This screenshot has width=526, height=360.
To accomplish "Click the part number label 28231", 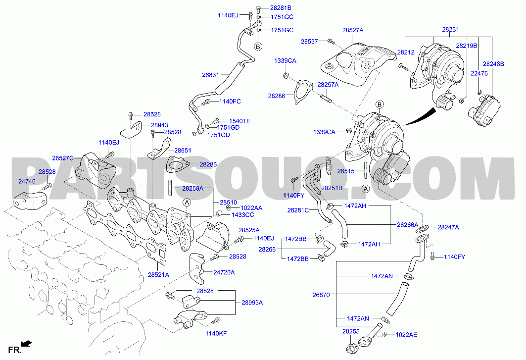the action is click(x=450, y=30).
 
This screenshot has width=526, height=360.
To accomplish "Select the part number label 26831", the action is click(x=210, y=75).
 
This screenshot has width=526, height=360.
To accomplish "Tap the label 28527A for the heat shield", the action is click(x=353, y=30).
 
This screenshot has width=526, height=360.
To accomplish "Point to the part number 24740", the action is click(x=27, y=181).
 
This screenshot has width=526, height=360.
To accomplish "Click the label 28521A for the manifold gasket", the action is click(x=158, y=275).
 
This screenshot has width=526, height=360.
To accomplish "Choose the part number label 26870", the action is click(x=321, y=295).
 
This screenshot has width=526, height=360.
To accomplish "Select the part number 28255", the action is click(x=351, y=331).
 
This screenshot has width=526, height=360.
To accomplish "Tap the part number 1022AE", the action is click(x=406, y=335).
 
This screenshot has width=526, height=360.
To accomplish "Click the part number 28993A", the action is click(x=252, y=303).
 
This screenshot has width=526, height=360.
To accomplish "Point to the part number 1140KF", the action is click(x=216, y=333).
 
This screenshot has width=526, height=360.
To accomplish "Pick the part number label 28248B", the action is click(x=493, y=64).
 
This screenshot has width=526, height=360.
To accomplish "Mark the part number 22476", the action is click(x=479, y=74).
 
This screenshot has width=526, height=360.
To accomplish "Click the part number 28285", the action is click(x=208, y=165).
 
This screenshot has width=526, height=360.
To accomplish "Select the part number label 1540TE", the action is click(x=239, y=121).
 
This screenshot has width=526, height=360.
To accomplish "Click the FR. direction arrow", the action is click(x=27, y=343).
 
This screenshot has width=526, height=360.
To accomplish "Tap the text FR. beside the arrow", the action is click(x=15, y=351).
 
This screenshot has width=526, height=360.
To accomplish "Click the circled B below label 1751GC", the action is click(x=258, y=47).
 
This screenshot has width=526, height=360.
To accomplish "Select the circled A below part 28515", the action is click(x=366, y=189).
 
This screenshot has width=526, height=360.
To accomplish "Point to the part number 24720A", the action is click(x=224, y=272).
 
